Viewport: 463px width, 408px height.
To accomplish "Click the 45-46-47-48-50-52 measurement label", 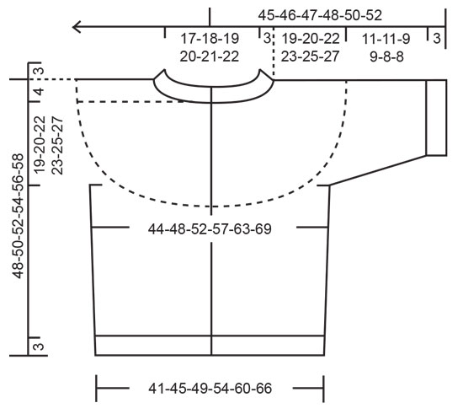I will [x=320, y=15].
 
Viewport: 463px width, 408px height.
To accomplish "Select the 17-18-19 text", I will [x=210, y=39].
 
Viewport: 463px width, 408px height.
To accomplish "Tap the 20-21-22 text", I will [x=210, y=56].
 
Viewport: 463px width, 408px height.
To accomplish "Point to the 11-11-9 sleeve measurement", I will [x=386, y=39].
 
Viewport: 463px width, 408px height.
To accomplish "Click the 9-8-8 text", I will [x=386, y=56].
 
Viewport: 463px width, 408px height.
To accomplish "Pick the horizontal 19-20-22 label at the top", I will [x=311, y=39].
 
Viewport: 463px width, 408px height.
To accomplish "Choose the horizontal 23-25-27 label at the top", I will [x=311, y=56].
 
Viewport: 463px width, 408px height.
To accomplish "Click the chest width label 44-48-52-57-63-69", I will [x=210, y=228].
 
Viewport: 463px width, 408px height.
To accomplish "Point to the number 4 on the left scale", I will [x=38, y=91].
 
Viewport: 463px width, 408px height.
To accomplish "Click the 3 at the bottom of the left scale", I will [x=38, y=346].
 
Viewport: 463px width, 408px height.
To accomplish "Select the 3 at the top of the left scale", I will [x=38, y=70].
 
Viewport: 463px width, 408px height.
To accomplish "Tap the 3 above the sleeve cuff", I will [x=435, y=39].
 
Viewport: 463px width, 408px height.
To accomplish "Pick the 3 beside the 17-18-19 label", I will [x=266, y=39].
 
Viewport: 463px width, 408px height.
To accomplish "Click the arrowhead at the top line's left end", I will [x=77, y=26].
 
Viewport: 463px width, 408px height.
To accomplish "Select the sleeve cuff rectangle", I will [x=435, y=117].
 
